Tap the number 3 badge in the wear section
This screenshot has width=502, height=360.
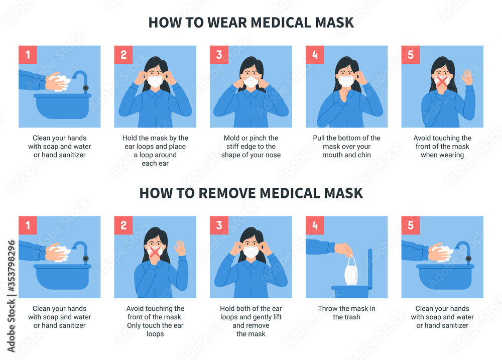click(x=219, y=55)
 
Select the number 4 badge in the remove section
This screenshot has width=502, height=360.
click(x=315, y=225)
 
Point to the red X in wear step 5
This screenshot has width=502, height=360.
click(x=442, y=82)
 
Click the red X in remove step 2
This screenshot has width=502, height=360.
click(x=155, y=253)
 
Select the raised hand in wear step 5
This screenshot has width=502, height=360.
click(x=467, y=77)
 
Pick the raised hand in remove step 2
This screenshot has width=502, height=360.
click(x=180, y=248)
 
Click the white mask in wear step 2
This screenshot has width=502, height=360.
click(x=155, y=81)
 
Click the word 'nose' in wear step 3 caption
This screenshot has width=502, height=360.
click(x=271, y=155)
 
